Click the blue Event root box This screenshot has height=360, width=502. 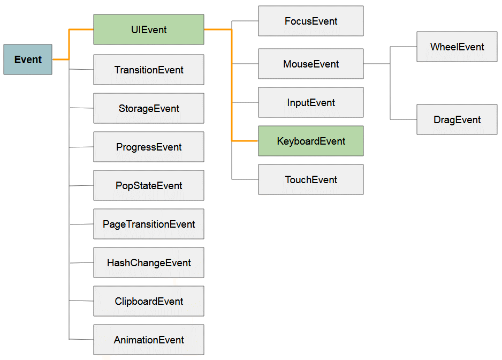pyautogui.click(x=28, y=59)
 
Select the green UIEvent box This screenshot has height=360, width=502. pyautogui.click(x=149, y=29)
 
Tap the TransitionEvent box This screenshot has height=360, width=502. pyautogui.click(x=149, y=70)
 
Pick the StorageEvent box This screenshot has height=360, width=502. pyautogui.click(x=149, y=108)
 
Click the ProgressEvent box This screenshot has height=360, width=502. pyautogui.click(x=149, y=147)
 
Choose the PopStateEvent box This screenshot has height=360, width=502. pyautogui.click(x=149, y=185)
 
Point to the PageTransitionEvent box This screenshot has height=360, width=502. pyautogui.click(x=149, y=224)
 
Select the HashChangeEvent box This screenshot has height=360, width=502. pyautogui.click(x=149, y=262)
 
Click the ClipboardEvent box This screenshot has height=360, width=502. pyautogui.click(x=149, y=301)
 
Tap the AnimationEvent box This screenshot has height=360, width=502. pyautogui.click(x=149, y=340)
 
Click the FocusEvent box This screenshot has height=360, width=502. pyautogui.click(x=311, y=21)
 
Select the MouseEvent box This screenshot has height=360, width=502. pyautogui.click(x=311, y=64)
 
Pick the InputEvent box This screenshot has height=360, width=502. pyautogui.click(x=311, y=102)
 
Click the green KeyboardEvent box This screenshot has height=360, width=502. pyautogui.click(x=311, y=141)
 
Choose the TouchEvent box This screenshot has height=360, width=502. pyautogui.click(x=311, y=179)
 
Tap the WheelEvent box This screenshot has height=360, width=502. pyautogui.click(x=457, y=47)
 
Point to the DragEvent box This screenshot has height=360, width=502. pyautogui.click(x=457, y=119)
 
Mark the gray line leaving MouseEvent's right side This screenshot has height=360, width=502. pyautogui.click(x=377, y=64)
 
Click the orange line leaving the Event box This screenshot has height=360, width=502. pyautogui.click(x=69, y=44)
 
